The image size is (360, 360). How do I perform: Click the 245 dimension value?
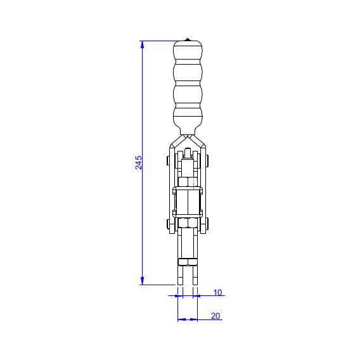coord(138,162)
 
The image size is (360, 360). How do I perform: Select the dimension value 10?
coord(217,293)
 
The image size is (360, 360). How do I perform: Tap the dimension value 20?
coord(215,316)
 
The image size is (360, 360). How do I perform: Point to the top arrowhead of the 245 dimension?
coord(142,44)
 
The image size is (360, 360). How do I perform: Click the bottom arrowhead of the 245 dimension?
coord(142,281)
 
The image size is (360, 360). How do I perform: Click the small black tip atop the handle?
coord(188,39)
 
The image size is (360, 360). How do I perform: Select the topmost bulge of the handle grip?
coord(188,50)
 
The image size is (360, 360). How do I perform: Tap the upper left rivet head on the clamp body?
coord(168,161)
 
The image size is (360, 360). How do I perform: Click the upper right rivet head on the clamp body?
coord(207,161)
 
